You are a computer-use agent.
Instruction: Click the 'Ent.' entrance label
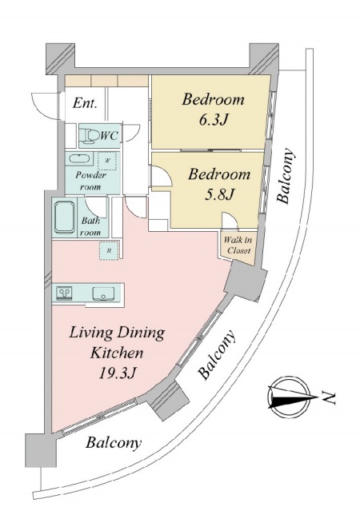85,103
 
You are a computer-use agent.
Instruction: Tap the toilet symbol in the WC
90,136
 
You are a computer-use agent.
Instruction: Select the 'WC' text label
109,135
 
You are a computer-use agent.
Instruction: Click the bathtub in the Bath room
64,218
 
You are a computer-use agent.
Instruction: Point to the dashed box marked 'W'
107,161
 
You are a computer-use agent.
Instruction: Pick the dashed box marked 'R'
109,251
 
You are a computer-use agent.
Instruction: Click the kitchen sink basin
103,293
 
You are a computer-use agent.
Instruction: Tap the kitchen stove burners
65,293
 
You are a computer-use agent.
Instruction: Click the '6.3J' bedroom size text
214,120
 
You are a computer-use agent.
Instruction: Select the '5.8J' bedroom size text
219,194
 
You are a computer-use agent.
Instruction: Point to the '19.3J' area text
118,373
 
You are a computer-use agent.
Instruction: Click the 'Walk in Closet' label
238,246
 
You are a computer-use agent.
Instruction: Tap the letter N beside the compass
329,397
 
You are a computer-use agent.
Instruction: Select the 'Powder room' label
90,181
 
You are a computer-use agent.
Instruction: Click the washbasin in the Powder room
79,158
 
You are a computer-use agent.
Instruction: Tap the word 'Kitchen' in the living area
118,353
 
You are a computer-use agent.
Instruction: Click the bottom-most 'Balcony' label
114,442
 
